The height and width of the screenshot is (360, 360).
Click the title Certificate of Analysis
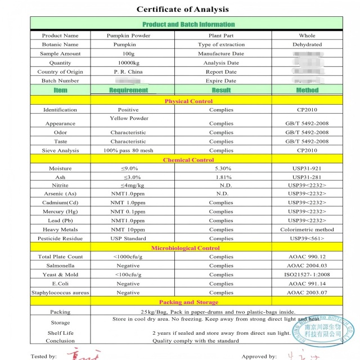click(x=183, y=9)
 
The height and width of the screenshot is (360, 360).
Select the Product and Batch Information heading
click(x=188, y=24)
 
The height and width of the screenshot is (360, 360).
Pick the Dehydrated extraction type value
click(x=307, y=44)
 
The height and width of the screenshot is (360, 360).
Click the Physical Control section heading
click(x=188, y=101)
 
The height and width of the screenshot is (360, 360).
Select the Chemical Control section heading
click(x=188, y=160)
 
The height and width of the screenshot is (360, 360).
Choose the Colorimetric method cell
click(x=307, y=229)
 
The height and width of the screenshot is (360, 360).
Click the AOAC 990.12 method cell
click(x=307, y=257)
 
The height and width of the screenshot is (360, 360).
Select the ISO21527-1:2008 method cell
click(x=307, y=275)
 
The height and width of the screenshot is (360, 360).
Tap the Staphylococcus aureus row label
click(x=60, y=293)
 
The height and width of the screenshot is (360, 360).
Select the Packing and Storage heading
click(x=188, y=302)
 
